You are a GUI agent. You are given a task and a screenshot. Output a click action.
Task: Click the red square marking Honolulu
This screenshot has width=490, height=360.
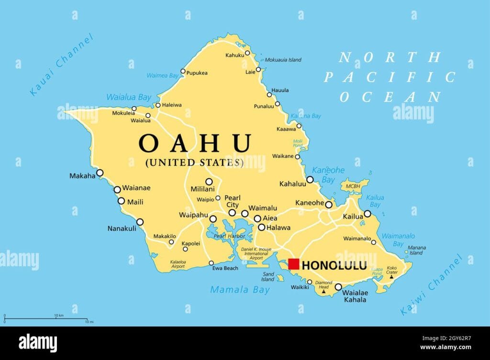click(293, 264)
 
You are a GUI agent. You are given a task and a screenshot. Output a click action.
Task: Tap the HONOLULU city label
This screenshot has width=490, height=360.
click(335, 265)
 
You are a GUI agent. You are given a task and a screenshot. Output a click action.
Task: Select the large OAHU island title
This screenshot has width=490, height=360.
click(195, 143)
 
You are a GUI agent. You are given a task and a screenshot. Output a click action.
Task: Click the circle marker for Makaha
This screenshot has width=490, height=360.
click(100, 173)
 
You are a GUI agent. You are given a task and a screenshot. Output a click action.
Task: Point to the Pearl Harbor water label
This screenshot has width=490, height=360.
click(230, 236)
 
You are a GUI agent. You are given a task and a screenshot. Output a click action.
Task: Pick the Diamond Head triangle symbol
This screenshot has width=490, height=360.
click(323, 291)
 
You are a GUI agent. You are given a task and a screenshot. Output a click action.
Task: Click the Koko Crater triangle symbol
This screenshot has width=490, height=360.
click(391, 277)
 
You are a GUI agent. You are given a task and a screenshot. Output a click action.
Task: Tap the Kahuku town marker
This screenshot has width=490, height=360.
click(247, 53)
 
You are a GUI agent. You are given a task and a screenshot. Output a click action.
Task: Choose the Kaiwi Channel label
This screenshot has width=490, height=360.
click(432, 285)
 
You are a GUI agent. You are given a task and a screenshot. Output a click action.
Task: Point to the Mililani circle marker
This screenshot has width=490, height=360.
click(209, 181)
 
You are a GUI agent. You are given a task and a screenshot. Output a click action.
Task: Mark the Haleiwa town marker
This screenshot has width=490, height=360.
click(158, 105)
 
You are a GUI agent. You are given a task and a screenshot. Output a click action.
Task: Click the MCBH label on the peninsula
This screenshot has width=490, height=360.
click(353, 186)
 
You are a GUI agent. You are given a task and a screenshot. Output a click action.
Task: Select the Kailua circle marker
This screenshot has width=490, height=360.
click(367, 214)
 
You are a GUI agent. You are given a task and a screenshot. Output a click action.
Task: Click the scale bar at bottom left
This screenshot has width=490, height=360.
click(46, 319)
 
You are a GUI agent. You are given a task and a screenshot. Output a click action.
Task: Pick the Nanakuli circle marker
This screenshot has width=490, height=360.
click(140, 222)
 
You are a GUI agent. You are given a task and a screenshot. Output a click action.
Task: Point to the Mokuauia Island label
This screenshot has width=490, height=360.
click(283, 60)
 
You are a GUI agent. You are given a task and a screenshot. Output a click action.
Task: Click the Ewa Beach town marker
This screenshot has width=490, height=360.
click(211, 263)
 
